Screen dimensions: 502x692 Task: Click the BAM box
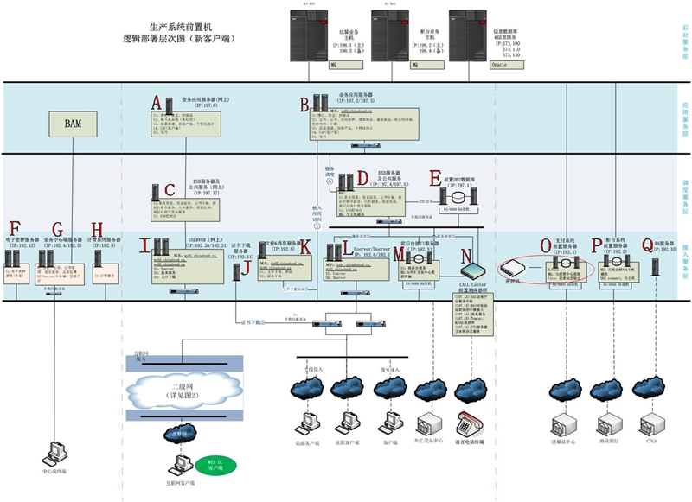[74, 124]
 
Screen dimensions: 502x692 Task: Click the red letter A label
[156, 103]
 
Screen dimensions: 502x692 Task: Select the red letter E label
[435, 179]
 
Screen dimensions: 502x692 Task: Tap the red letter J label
[247, 270]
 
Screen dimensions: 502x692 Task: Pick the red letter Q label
[648, 246]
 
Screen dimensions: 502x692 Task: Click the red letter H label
[97, 230]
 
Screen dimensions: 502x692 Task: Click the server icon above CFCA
[654, 423]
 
